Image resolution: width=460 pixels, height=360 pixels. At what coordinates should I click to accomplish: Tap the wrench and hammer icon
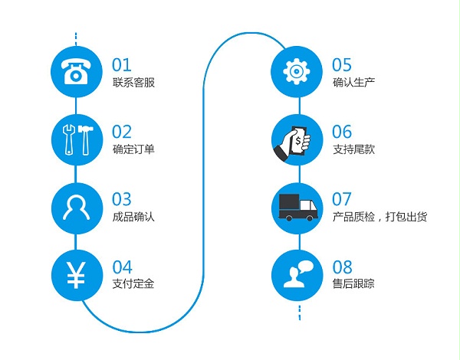coord(76,139)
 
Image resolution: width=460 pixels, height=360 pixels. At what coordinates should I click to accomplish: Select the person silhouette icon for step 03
coord(76,206)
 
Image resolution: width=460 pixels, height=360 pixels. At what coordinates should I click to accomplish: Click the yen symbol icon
coord(76,274)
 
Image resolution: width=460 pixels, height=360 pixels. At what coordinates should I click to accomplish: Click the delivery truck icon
coord(296,206)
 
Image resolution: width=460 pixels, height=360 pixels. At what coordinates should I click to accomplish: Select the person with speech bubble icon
coord(296,274)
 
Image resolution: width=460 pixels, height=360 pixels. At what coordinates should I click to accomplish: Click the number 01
coord(122,64)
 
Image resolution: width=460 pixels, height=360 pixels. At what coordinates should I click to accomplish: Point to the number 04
coord(122,267)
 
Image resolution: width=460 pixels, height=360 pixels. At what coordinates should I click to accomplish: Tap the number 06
coord(342,132)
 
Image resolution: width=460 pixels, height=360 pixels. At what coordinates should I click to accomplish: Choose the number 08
coord(342,267)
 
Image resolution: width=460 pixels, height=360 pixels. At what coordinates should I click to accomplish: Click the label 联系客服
coord(133,83)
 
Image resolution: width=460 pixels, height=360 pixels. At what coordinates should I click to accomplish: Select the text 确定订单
coord(133,149)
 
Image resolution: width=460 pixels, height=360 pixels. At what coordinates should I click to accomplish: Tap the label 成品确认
coord(133,217)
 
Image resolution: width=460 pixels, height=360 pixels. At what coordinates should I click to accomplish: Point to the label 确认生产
coord(353,83)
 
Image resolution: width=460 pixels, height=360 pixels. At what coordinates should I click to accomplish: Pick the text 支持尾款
coord(353,149)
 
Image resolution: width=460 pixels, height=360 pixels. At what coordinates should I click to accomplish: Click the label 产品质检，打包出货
coord(379,217)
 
